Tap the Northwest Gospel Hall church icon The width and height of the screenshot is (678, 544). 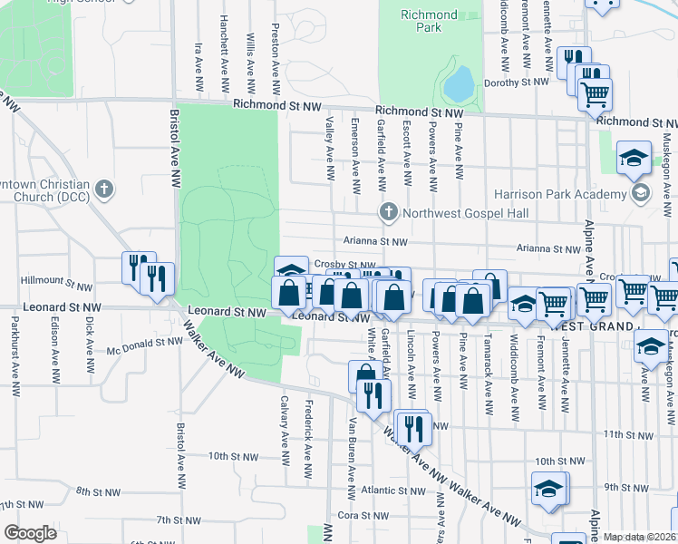click(388, 212)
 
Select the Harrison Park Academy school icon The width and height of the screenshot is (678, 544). click(642, 192)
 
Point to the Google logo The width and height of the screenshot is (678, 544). click(30, 533)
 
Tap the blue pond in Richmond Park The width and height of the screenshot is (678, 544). click(458, 84)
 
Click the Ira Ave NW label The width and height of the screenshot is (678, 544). click(198, 64)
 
